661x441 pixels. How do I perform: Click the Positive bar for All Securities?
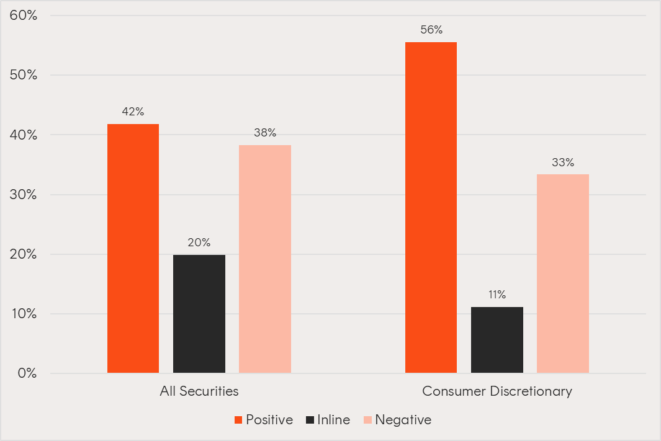[x=133, y=248]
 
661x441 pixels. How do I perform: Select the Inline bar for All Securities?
[x=199, y=314]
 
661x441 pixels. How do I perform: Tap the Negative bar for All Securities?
[x=265, y=259]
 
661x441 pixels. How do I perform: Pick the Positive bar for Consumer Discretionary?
[x=431, y=207]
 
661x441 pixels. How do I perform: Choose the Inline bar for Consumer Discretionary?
[x=497, y=340]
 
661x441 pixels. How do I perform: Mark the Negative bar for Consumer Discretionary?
[x=563, y=274]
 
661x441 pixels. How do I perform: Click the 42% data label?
[x=133, y=112]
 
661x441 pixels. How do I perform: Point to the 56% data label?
[x=431, y=30]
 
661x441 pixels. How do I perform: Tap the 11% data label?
[x=497, y=295]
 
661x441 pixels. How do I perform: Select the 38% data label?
[x=265, y=133]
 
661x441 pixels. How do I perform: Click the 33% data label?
[x=563, y=163]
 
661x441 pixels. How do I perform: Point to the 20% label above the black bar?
[x=199, y=243]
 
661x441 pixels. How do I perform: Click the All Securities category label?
[x=199, y=391]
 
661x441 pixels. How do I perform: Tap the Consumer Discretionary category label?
[x=497, y=391]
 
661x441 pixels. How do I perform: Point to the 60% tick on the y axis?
[x=24, y=16]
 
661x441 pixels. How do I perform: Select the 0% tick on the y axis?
[x=27, y=373]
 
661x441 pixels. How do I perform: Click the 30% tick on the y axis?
[x=24, y=195]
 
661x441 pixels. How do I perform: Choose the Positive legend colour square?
[x=238, y=421]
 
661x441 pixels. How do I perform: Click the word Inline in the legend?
[x=333, y=420]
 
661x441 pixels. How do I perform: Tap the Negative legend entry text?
[x=403, y=420]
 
